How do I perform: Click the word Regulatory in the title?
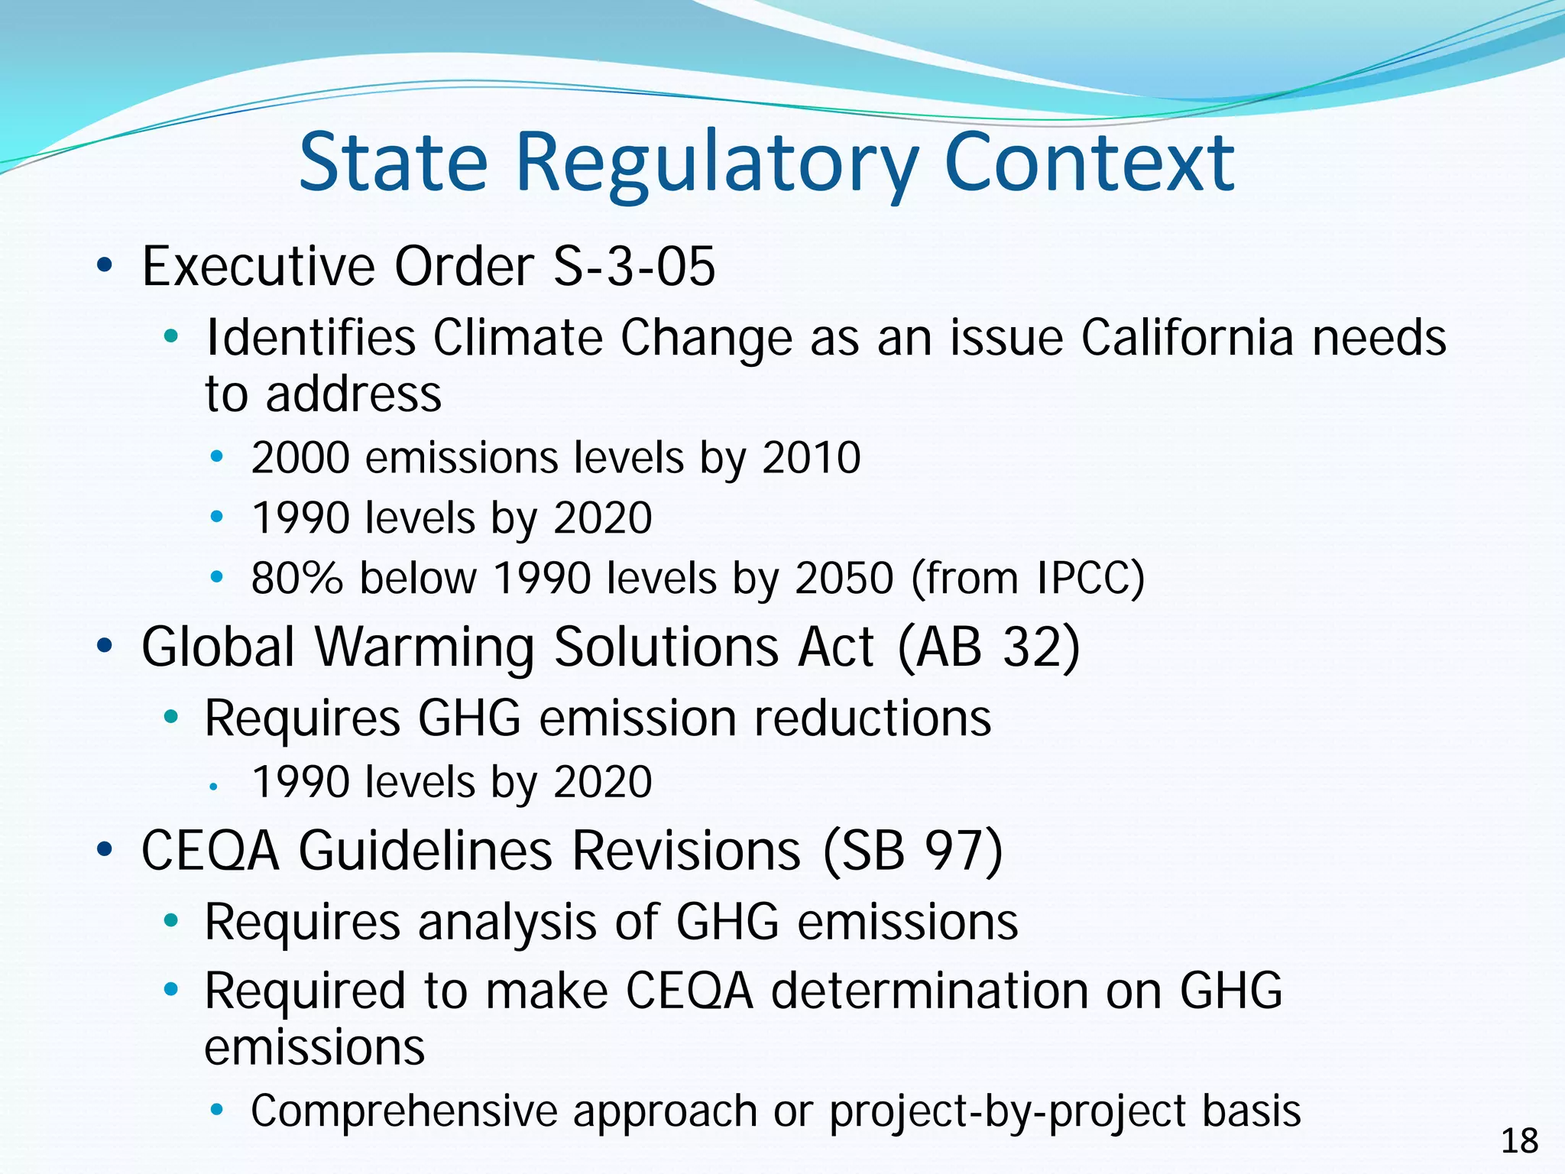717,164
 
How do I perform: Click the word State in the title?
393,162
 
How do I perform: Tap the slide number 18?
1519,1141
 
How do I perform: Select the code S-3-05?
634,267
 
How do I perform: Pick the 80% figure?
297,578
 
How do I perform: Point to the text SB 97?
912,851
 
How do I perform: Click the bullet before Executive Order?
105,267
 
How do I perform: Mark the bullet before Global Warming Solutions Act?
105,647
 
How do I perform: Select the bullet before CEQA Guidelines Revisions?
105,850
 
